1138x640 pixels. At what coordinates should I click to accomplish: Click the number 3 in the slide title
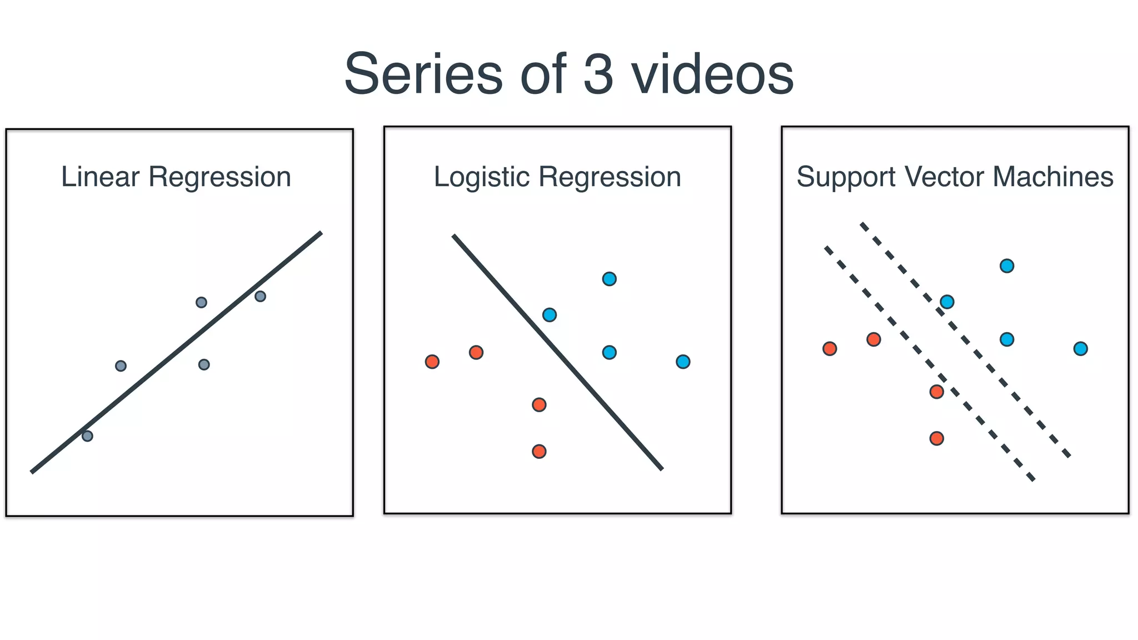[598, 74]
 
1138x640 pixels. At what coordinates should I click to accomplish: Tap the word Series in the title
[423, 74]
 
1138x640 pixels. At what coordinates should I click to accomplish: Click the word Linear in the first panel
[100, 177]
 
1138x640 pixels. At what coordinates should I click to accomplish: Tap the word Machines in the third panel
[1053, 177]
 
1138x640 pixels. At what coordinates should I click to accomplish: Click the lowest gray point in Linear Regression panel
[87, 436]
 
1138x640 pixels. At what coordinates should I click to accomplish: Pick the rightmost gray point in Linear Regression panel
[260, 296]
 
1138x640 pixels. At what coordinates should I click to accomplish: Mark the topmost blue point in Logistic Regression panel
[609, 279]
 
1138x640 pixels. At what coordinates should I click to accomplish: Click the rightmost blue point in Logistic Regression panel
[683, 362]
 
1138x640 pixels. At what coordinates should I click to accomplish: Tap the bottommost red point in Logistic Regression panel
[539, 451]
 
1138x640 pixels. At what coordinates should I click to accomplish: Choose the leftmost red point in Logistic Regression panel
[432, 362]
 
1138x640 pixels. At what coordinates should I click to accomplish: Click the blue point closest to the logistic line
[550, 315]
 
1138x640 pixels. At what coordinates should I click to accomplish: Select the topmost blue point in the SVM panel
[1007, 266]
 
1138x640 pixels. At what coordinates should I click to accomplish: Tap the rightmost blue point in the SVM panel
[1080, 349]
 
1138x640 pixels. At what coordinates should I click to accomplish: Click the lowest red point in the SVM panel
[937, 438]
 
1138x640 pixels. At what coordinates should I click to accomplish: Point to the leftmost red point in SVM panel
[830, 349]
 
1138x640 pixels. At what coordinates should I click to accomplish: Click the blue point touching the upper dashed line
[947, 302]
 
